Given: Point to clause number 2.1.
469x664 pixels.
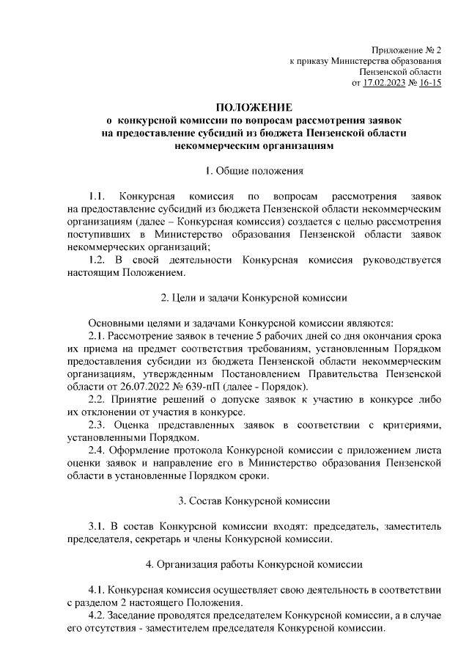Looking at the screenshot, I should coord(96,336).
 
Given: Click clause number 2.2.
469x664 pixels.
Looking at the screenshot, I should coord(96,399).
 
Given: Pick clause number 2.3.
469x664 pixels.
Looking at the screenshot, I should coord(96,425).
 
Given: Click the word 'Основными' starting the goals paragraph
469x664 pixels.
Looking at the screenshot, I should coord(114,324).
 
